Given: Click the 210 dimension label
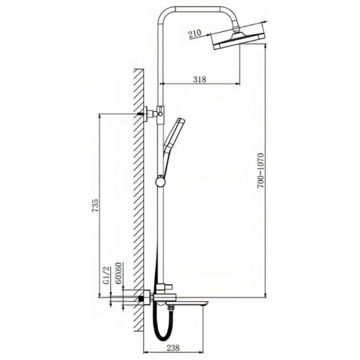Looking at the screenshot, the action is tap(195, 34).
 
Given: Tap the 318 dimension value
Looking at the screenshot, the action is tap(200, 79).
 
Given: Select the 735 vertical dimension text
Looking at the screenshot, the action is tap(95, 205).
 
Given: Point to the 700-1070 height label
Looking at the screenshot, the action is tap(261, 171).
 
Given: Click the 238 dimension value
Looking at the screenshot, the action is tap(173, 347).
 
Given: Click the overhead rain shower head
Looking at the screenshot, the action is tap(239, 41).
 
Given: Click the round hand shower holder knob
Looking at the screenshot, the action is tap(160, 182).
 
